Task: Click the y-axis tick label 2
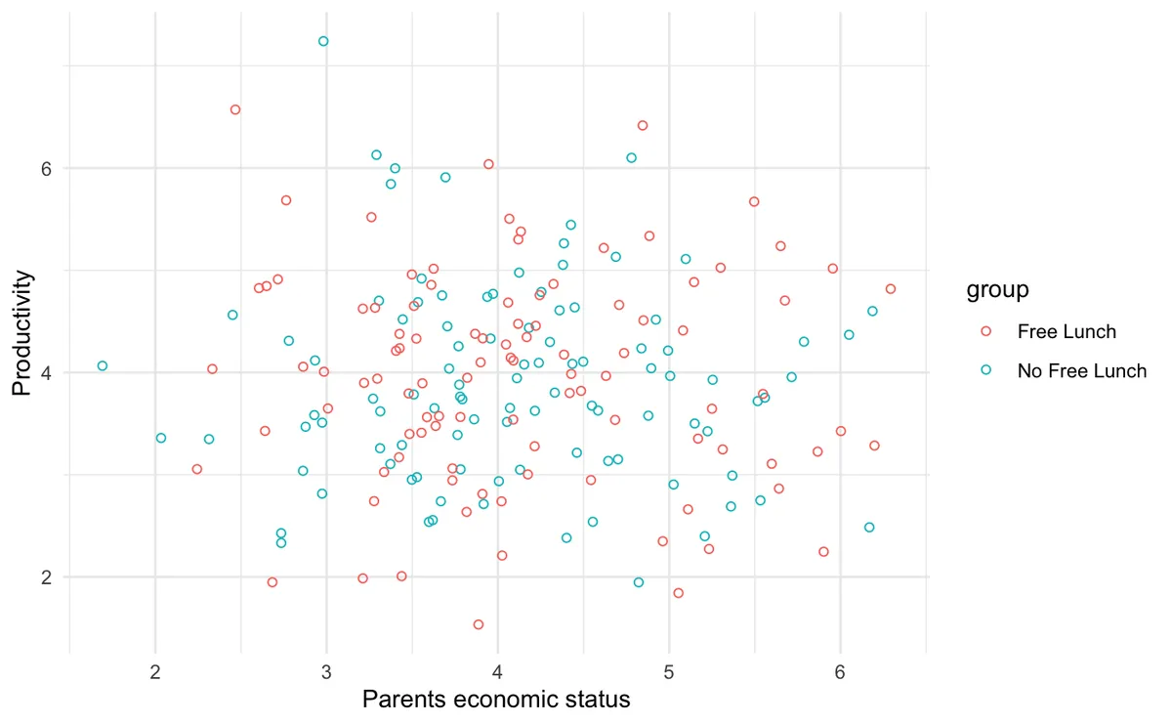coord(45,576)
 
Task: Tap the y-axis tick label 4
coord(45,372)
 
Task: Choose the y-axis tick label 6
coord(45,167)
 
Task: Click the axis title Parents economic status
coord(496,700)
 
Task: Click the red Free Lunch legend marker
coord(985,331)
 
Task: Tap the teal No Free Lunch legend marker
coord(985,370)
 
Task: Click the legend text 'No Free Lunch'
coord(1081,371)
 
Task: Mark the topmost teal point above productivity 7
coord(323,41)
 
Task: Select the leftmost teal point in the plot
coord(103,365)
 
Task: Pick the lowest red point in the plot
coord(479,624)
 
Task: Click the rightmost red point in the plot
coord(891,288)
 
